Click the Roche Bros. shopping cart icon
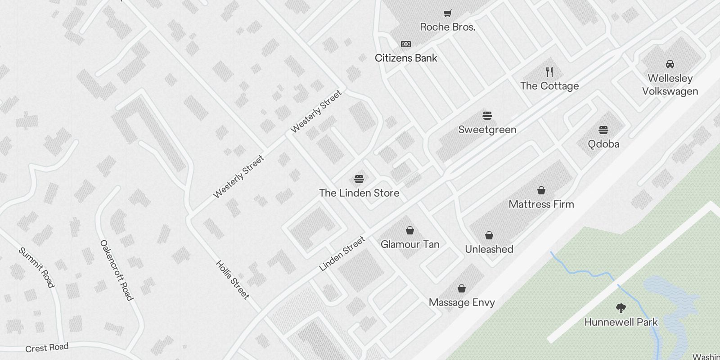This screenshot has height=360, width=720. [447, 13]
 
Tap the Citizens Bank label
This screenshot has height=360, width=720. [406, 58]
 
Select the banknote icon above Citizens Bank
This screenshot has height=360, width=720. [406, 44]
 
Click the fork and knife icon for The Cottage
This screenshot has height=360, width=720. [549, 72]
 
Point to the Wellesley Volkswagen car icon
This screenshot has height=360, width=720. [670, 64]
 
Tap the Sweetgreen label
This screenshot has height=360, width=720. [487, 130]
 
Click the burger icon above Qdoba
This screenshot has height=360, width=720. [603, 130]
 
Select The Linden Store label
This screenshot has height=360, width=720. [359, 193]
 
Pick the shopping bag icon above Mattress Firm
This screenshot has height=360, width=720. [541, 190]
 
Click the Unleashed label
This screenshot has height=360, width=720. [489, 249]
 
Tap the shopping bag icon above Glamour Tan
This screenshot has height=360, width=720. [410, 231]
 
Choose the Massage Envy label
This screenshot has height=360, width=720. [462, 302]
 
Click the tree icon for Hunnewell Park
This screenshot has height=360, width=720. [621, 308]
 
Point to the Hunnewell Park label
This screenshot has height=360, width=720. [621, 322]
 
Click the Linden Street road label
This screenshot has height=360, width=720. [342, 254]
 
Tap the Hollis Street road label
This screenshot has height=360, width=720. [232, 279]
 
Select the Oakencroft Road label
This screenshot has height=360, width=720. [117, 270]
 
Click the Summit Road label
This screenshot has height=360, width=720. [36, 267]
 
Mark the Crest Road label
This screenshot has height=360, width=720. [47, 348]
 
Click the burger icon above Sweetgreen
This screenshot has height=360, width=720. [487, 116]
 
